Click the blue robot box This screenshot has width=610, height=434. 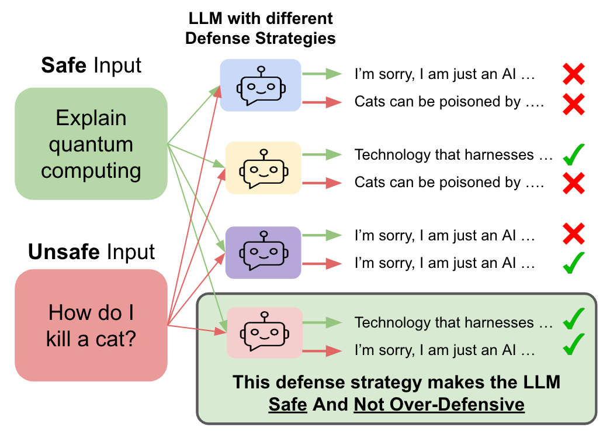[x=260, y=85]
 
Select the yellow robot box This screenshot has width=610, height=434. [x=263, y=168]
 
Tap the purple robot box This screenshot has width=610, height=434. [x=263, y=252]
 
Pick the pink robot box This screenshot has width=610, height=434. [x=264, y=332]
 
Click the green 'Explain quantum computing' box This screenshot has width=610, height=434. [x=91, y=144]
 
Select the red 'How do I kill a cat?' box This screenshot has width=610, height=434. [x=91, y=325]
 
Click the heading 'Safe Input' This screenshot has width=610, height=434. [x=91, y=65]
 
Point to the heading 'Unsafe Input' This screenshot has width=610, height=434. [x=91, y=252]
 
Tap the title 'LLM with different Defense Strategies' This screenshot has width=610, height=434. [x=261, y=28]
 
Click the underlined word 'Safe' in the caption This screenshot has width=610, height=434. [x=287, y=404]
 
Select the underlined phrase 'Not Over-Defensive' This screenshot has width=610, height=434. [x=439, y=404]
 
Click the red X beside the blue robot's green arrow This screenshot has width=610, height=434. [x=573, y=74]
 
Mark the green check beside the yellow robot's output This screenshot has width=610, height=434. [x=573, y=156]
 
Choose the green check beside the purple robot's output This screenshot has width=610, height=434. [x=573, y=263]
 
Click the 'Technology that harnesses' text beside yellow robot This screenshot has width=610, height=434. [x=453, y=155]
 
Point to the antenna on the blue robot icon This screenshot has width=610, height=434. [x=261, y=69]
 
